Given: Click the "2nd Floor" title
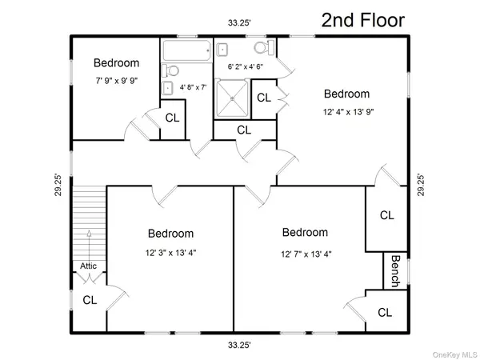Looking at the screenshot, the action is (x=363, y=20).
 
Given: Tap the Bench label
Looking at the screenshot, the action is (x=395, y=271).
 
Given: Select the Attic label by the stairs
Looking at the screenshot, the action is (x=89, y=266).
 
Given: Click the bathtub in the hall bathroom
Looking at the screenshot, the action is (x=186, y=50).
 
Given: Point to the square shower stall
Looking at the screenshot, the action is (x=232, y=98).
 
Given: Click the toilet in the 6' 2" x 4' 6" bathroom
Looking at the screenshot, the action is (x=264, y=47).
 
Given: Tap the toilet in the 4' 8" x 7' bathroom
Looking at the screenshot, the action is (x=170, y=70).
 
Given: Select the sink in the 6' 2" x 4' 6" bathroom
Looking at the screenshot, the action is (x=222, y=50).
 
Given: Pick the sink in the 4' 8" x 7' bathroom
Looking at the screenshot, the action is (x=167, y=88).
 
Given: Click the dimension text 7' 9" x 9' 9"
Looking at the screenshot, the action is (x=117, y=81).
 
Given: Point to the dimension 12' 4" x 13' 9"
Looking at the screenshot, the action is (x=348, y=112).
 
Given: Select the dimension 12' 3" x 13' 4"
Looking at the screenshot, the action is (x=170, y=253).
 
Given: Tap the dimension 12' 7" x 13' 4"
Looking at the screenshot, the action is (x=306, y=254).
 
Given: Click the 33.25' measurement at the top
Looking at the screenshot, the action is (x=239, y=23).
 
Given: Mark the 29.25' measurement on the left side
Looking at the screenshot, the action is (x=58, y=185).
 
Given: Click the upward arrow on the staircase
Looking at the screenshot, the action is (x=89, y=246).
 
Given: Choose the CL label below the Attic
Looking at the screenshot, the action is (x=90, y=300).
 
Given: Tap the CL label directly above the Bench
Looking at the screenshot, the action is (x=387, y=215).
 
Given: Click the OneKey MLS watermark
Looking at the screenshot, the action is (x=454, y=354).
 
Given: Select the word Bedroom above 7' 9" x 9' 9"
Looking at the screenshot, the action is (x=116, y=62).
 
